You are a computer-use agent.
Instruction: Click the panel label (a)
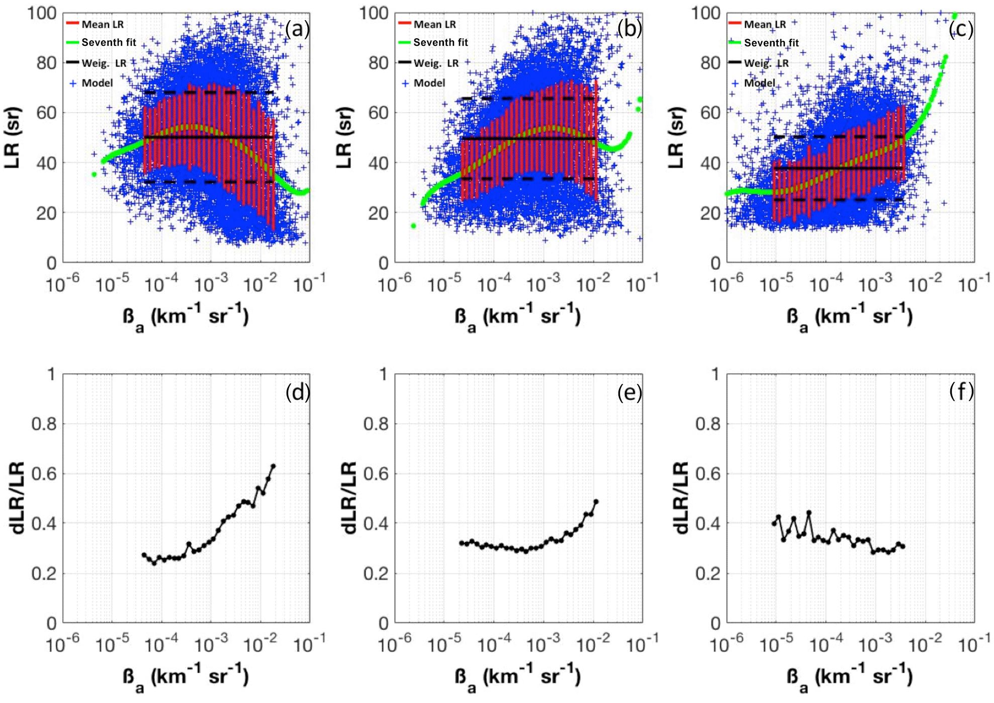tap(297, 29)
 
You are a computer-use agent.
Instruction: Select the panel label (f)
tap(961, 391)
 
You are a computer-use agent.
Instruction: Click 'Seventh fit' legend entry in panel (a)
tap(109, 43)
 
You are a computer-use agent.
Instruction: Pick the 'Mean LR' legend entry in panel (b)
tap(434, 24)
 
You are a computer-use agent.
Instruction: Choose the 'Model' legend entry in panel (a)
tap(97, 83)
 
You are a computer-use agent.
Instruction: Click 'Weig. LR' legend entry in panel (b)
tap(436, 63)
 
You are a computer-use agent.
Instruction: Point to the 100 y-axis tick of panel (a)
tap(42, 13)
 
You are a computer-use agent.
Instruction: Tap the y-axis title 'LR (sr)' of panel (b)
tap(344, 137)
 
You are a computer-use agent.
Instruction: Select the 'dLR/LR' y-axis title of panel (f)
tap(680, 498)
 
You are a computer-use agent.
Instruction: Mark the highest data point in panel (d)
tap(273, 466)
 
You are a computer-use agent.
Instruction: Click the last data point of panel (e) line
tap(596, 502)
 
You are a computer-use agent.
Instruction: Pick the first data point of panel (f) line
tap(774, 523)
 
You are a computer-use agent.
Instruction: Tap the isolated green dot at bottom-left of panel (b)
tap(413, 226)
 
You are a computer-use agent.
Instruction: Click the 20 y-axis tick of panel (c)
tap(710, 213)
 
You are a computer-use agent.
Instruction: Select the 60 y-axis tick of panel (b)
tap(378, 113)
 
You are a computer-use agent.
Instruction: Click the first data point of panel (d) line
tap(144, 555)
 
